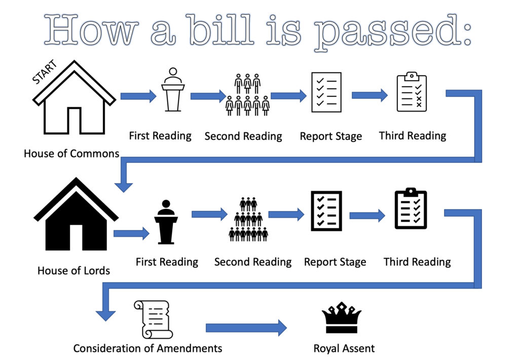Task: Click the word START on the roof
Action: point(45,71)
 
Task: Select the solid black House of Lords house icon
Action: point(76,232)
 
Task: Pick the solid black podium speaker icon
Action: point(166,222)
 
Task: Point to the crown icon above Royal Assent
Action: point(342,317)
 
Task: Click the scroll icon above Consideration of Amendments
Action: point(153,319)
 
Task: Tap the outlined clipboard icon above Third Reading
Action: point(412,92)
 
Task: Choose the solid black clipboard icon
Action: point(411,208)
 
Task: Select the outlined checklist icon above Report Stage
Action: point(326,92)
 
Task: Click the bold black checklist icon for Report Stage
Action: point(326,211)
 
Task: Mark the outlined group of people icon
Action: point(247,95)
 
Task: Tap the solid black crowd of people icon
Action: point(248,220)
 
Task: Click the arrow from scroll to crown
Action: point(246,328)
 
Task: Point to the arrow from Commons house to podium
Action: point(138,96)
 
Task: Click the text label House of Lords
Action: point(73,271)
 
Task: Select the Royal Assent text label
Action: point(344,348)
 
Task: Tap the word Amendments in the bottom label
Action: point(190,348)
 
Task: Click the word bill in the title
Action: point(221,30)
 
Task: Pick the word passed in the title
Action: point(387,32)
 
